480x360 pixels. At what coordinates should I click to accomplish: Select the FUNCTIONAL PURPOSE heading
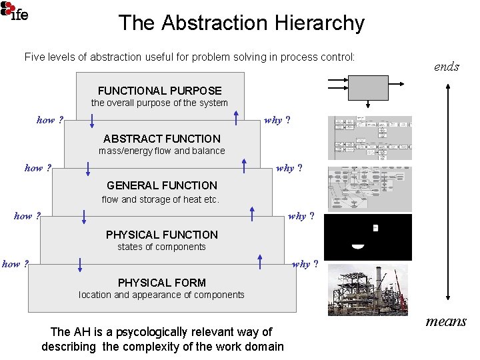pos(159,91)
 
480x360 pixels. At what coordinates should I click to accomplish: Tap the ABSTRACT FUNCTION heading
pos(161,139)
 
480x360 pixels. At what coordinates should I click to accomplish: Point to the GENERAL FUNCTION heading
pos(161,185)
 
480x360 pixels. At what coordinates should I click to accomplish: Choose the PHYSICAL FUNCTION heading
pos(161,235)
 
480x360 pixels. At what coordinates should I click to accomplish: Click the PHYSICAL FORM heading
pos(161,283)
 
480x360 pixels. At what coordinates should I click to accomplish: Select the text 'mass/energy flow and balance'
pos(161,151)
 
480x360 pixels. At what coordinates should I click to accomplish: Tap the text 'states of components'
pos(161,247)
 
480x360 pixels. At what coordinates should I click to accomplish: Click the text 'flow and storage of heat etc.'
pos(160,199)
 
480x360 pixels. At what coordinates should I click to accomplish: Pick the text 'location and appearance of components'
pos(161,295)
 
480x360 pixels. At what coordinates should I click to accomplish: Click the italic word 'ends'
pos(446,66)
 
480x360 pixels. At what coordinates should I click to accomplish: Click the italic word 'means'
pos(446,321)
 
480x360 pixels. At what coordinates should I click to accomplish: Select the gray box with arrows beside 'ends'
pos(369,87)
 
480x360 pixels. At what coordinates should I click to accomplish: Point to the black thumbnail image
pos(367,237)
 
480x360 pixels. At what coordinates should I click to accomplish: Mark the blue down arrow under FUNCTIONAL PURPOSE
pos(93,118)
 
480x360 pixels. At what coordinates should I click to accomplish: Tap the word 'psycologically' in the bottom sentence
pos(186,332)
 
